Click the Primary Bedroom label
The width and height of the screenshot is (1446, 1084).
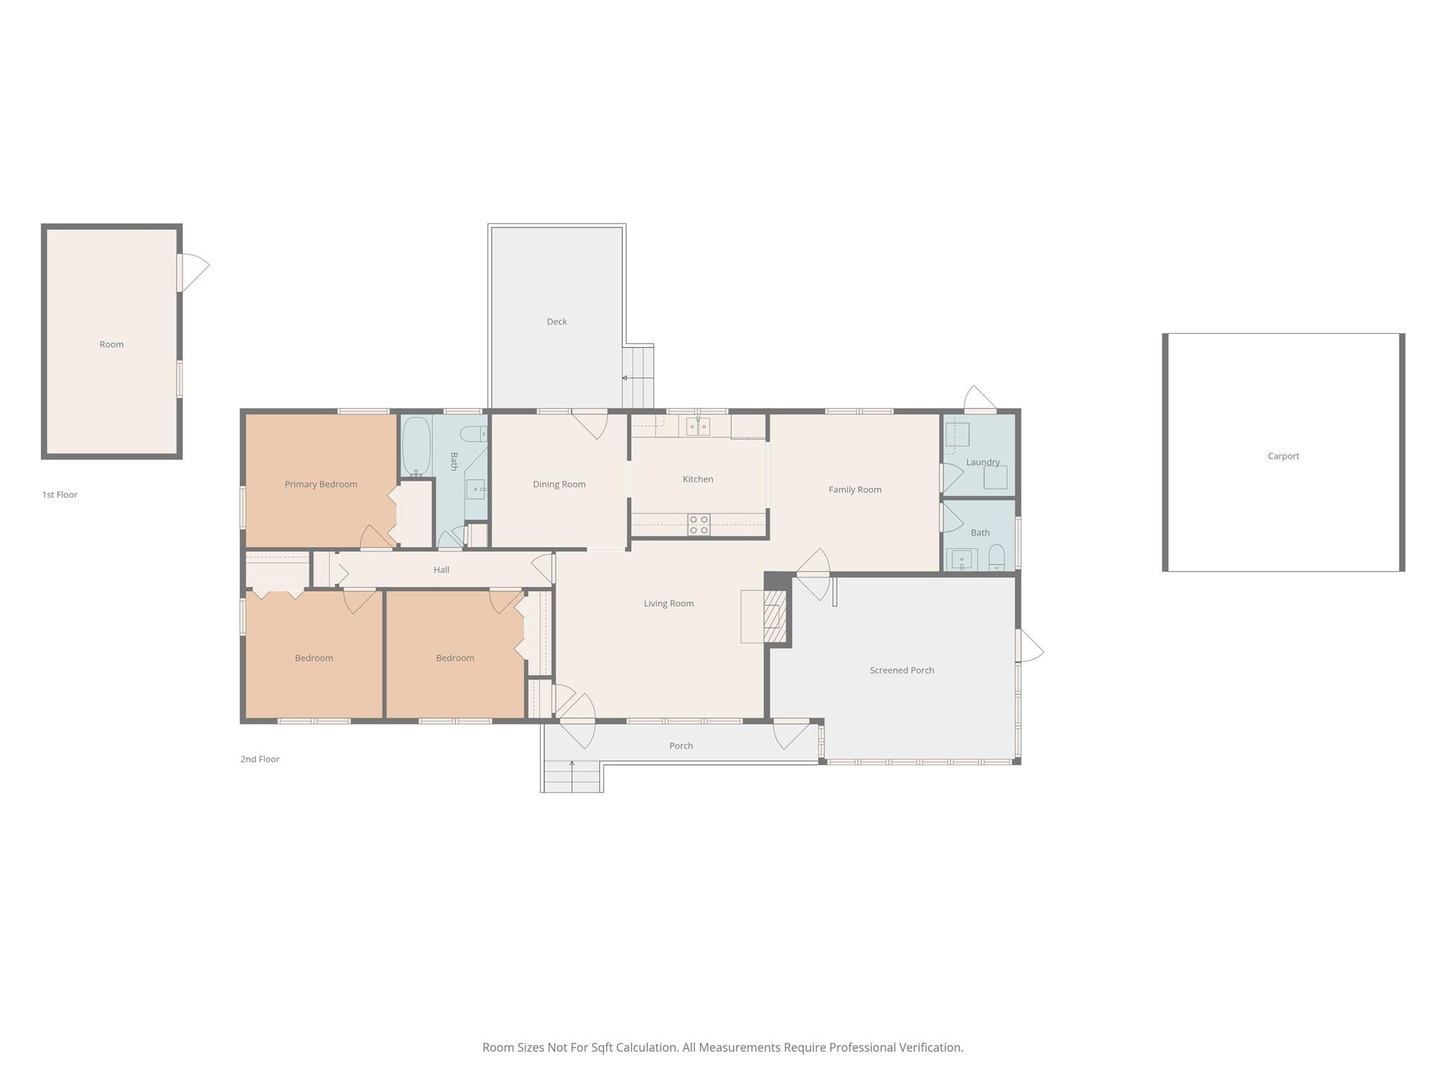(321, 484)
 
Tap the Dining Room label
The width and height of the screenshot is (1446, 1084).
(559, 484)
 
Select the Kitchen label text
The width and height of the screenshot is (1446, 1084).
(698, 479)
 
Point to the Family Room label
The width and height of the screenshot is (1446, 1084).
(854, 490)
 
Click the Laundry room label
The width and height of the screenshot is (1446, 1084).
(982, 462)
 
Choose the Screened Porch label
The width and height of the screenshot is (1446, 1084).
(902, 670)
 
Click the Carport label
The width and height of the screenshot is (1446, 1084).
(1283, 456)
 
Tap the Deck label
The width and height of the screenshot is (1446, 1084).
(556, 322)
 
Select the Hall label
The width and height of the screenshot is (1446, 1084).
(441, 570)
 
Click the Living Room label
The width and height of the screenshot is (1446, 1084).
(669, 603)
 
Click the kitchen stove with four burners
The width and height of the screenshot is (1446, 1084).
(699, 524)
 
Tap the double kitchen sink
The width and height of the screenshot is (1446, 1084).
(698, 426)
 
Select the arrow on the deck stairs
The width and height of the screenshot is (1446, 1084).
(626, 378)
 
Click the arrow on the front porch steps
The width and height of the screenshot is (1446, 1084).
(571, 764)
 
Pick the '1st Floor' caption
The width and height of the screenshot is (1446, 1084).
(59, 495)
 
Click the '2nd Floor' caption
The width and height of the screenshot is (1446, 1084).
(260, 759)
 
